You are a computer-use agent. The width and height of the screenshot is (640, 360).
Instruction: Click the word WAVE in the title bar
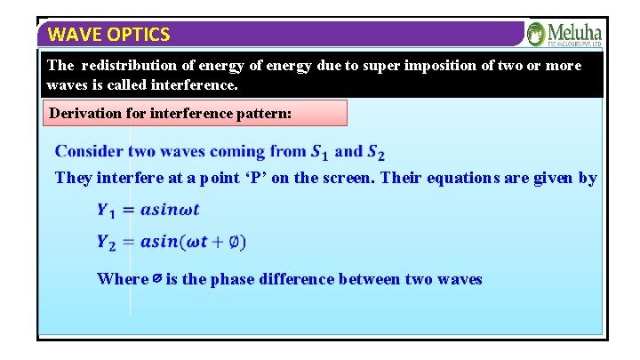pyautogui.click(x=70, y=35)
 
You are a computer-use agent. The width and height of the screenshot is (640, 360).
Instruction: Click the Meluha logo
pyautogui.click(x=564, y=35)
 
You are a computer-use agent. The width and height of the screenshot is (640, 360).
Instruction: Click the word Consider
pyautogui.click(x=90, y=152)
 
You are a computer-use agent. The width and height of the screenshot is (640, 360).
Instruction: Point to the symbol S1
pyautogui.click(x=321, y=153)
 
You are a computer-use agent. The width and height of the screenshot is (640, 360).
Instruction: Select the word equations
pyautogui.click(x=481, y=178)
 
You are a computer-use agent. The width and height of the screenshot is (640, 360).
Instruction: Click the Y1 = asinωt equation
pyautogui.click(x=148, y=211)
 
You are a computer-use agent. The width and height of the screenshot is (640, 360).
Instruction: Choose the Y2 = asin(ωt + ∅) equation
pyautogui.click(x=172, y=242)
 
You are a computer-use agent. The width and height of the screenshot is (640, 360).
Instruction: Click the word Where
pyautogui.click(x=123, y=279)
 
